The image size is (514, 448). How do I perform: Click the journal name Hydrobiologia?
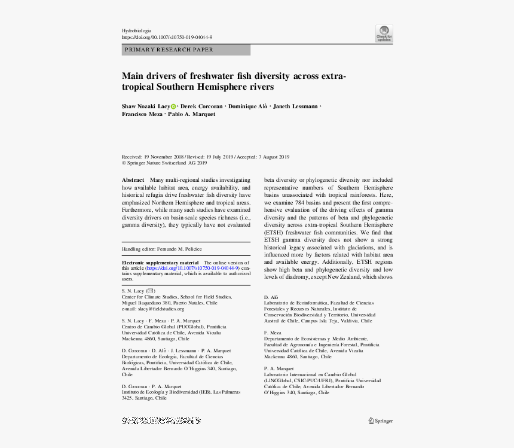click(x=136, y=31)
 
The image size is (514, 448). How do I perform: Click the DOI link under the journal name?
click(x=167, y=37)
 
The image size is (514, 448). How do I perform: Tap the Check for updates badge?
click(x=384, y=33)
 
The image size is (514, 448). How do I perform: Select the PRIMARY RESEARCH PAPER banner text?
click(x=169, y=50)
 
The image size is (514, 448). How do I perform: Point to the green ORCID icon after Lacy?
click(x=173, y=106)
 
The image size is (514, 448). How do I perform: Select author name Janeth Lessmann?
click(x=295, y=106)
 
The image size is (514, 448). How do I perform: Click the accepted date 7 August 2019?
click(x=274, y=157)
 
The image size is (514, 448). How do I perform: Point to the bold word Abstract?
click(x=133, y=180)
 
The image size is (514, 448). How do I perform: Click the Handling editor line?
click(x=162, y=249)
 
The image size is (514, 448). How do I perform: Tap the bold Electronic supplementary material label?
click(x=160, y=263)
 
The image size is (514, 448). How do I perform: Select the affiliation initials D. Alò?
click(x=271, y=297)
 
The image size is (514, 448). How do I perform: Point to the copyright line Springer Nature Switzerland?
click(x=164, y=163)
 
